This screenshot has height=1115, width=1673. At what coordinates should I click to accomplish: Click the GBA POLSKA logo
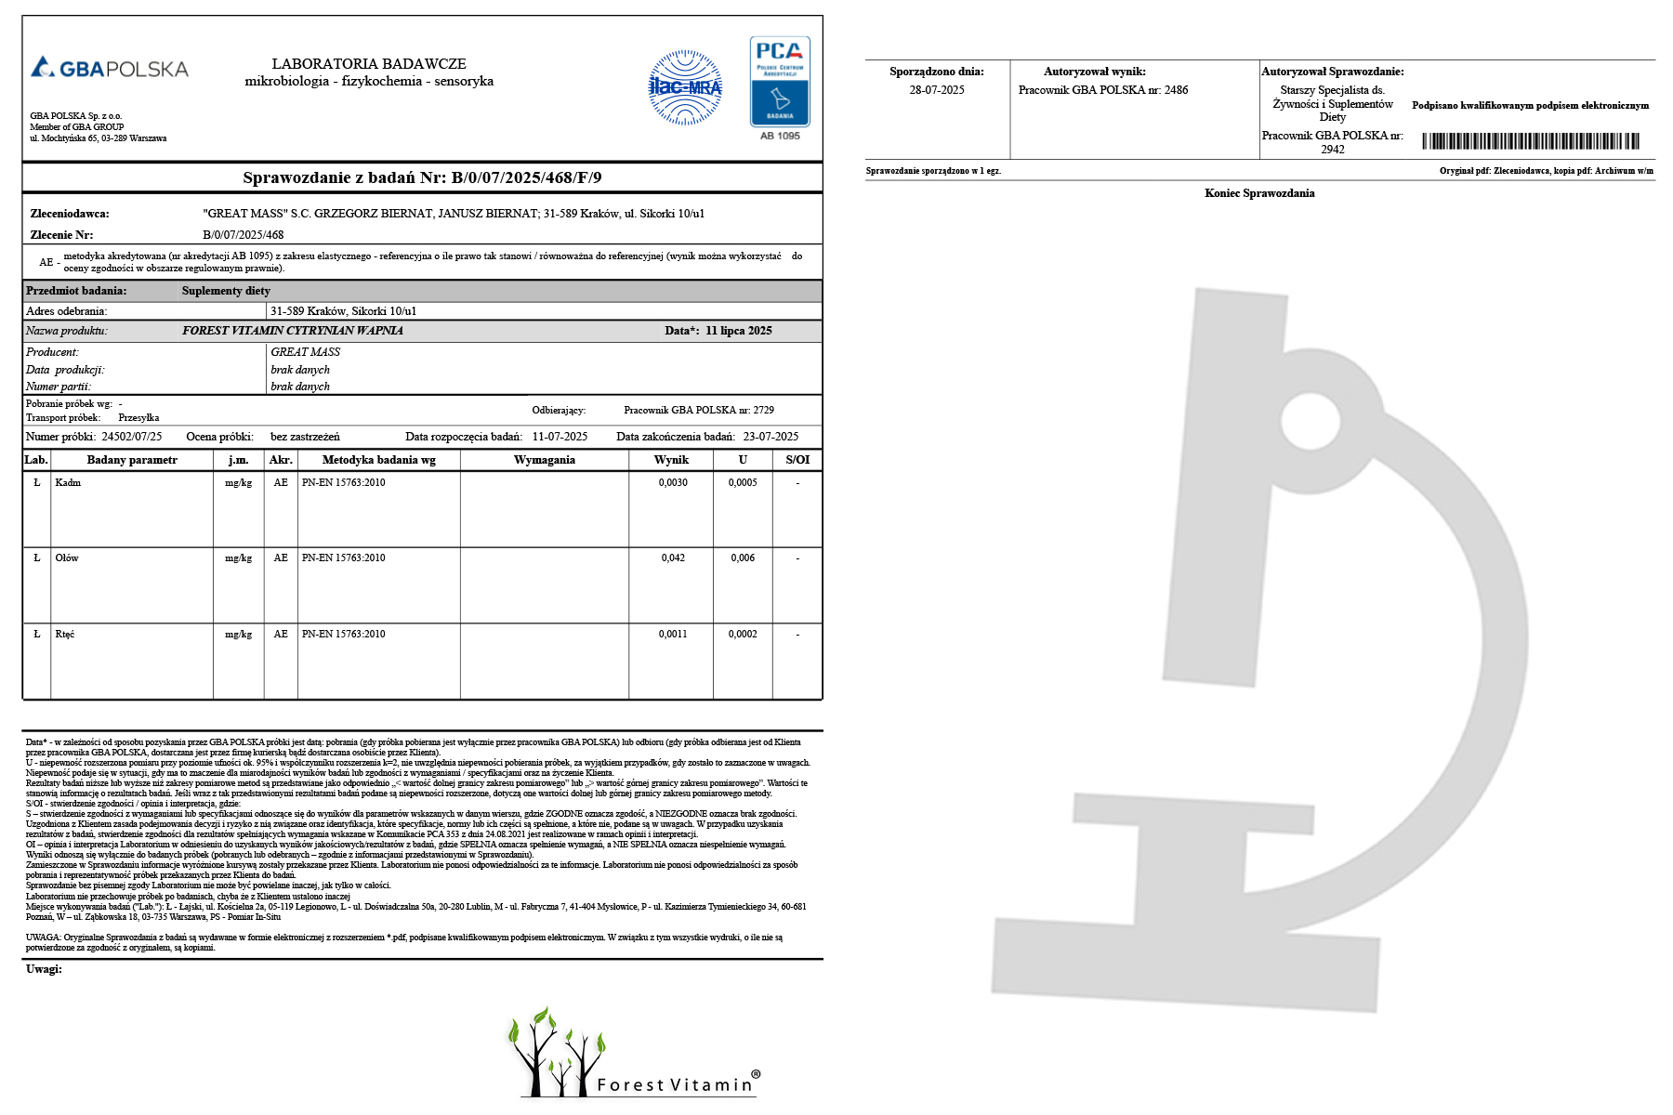[x=110, y=68]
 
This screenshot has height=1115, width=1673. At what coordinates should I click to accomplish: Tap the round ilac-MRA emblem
[x=685, y=87]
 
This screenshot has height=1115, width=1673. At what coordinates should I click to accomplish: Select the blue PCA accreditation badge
[x=780, y=82]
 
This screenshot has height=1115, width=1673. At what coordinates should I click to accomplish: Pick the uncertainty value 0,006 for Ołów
[x=743, y=558]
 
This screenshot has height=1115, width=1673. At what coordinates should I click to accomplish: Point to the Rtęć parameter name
[x=65, y=635]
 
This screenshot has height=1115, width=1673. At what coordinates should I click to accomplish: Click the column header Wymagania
[x=545, y=460]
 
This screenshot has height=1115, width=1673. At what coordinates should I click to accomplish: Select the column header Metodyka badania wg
[x=378, y=460]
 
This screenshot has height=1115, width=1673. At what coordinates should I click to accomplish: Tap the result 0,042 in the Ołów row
[x=673, y=558]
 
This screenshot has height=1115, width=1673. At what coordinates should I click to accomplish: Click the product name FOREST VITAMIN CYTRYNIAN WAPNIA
[x=293, y=331]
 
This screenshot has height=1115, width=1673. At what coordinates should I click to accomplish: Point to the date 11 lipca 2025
[x=739, y=331]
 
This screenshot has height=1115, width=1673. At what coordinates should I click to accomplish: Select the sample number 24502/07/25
[x=132, y=437]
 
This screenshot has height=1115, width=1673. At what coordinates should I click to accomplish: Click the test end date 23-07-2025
[x=771, y=437]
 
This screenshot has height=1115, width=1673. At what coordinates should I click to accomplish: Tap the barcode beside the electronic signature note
[x=1531, y=141]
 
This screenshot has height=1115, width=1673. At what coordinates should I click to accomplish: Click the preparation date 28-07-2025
[x=937, y=90]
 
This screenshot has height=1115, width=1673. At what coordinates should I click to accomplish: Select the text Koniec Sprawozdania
[x=1259, y=193]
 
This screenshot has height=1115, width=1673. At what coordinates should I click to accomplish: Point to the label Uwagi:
[x=44, y=969]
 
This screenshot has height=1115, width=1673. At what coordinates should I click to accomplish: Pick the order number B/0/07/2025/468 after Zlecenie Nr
[x=244, y=235]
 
